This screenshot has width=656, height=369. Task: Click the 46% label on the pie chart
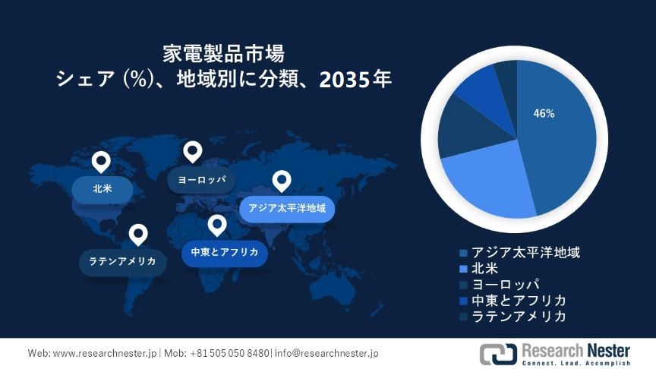point(544,114)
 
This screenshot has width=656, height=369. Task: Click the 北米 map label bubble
point(102,189)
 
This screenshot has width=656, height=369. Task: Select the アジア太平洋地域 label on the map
point(287,208)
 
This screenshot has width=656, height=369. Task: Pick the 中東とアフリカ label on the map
point(225,252)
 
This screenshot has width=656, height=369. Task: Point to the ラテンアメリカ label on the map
point(122,261)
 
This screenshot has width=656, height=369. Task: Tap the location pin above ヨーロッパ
point(193,152)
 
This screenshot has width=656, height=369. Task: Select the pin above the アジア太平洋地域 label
point(282,181)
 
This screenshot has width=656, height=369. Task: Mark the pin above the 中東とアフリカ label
point(217,225)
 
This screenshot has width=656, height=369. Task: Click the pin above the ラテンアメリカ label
point(138,234)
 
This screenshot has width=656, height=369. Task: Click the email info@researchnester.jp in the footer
point(327,353)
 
